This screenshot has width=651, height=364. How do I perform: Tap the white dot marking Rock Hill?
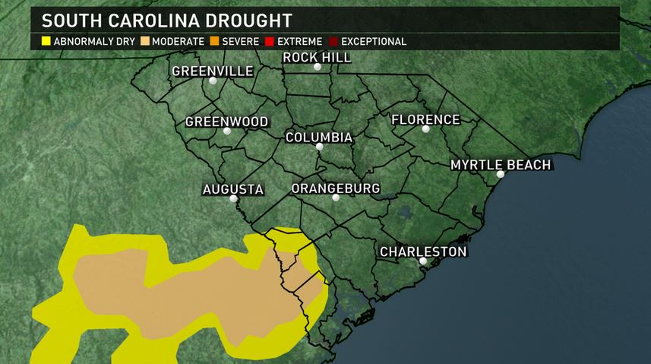coord(318,67)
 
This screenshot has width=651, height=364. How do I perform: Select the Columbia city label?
coord(318,138)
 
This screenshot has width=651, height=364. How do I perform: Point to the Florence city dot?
coord(426,129)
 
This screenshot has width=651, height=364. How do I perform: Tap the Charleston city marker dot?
coord(423,261)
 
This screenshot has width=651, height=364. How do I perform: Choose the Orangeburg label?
coord(335,188)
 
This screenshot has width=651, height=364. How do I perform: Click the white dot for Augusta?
coord(233,199)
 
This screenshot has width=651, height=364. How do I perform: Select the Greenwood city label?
coord(226,122)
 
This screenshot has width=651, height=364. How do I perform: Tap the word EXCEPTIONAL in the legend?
coord(374,41)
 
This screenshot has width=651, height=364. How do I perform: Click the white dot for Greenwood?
coord(226,131)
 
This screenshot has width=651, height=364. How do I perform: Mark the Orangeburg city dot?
coord(335,198)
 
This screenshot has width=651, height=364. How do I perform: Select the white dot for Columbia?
coord(320,147)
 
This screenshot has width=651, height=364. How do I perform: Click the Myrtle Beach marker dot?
coord(500,175)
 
